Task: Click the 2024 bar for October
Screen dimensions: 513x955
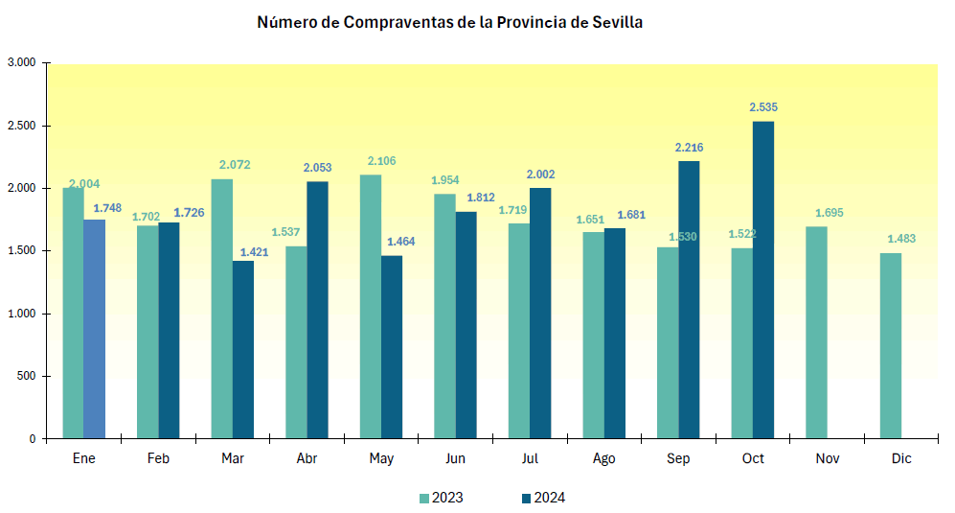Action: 762,280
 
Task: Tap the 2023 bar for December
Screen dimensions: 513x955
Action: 890,345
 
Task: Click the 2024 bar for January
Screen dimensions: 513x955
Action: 94,329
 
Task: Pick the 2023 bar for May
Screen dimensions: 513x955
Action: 371,307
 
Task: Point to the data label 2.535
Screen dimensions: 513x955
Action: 762,107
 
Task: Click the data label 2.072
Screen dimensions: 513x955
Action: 234,165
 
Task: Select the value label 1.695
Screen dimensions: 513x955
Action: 830,213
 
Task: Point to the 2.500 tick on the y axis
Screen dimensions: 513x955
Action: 22,126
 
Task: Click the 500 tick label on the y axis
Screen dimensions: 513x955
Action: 27,376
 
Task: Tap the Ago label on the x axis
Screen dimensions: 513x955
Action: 603,459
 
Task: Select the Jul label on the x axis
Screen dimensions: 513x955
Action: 530,459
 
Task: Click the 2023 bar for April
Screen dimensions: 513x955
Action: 296,342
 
